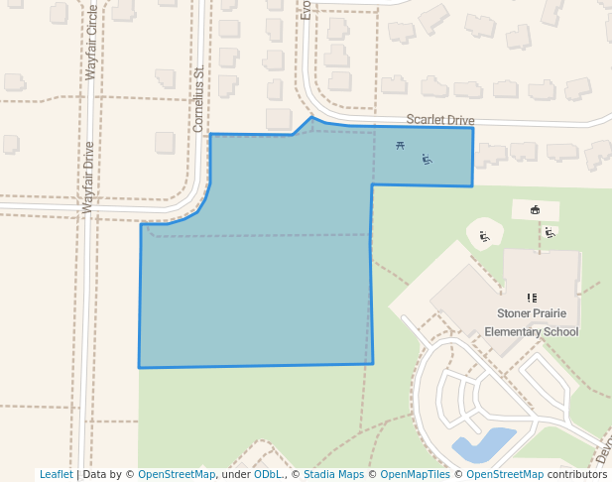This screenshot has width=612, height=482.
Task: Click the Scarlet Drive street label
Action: (x=440, y=120)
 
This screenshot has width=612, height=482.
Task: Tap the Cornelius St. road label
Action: (x=198, y=99)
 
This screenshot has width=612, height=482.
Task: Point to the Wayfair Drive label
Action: (x=88, y=178)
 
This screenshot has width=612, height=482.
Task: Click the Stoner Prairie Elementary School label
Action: (x=538, y=322)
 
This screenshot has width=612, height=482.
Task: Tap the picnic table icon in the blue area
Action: (x=400, y=147)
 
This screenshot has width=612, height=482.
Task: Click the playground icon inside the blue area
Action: (x=427, y=159)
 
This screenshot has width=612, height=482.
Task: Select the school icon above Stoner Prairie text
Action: (x=532, y=298)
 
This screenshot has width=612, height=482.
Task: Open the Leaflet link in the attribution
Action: (x=56, y=474)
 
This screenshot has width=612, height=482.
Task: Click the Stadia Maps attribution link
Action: (x=333, y=474)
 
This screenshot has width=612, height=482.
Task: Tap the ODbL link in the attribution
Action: (x=268, y=474)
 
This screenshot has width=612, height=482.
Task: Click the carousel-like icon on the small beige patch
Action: (x=536, y=209)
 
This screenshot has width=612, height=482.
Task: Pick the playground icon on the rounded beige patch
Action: (x=484, y=236)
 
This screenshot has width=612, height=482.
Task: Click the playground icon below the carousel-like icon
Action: (x=550, y=232)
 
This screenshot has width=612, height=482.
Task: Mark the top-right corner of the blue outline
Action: (x=473, y=128)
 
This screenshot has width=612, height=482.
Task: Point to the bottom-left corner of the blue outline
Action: (x=139, y=368)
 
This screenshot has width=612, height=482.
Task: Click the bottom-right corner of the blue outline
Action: (x=373, y=364)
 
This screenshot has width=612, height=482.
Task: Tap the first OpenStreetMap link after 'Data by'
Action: (x=177, y=474)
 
